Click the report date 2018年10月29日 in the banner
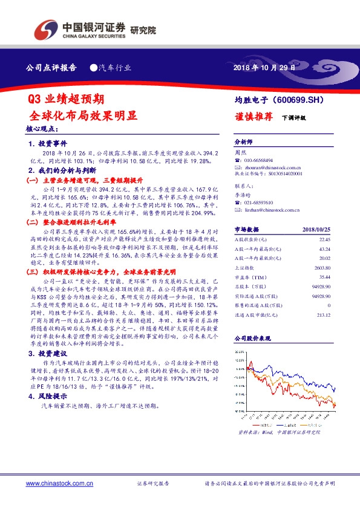(264, 68)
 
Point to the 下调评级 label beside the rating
(294, 118)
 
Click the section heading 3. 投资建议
(47, 352)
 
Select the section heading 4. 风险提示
(47, 397)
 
